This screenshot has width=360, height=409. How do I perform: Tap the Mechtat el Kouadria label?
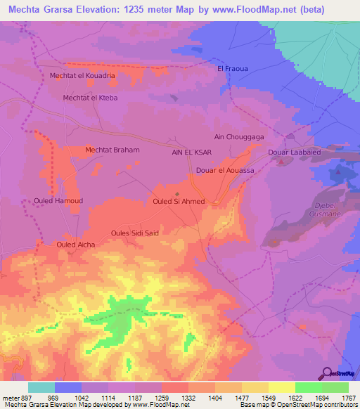point(82,75)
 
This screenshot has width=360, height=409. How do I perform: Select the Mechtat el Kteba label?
point(91,98)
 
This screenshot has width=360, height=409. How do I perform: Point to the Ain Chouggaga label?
point(238,138)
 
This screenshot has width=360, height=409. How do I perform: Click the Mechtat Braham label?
point(112,150)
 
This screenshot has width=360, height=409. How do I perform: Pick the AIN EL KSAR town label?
point(192,152)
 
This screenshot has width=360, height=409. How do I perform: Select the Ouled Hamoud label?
point(58,201)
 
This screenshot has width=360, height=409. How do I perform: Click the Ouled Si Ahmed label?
point(178,202)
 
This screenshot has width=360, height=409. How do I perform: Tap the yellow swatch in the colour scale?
point(282,387)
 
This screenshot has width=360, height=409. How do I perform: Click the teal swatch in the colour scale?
point(41,387)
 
